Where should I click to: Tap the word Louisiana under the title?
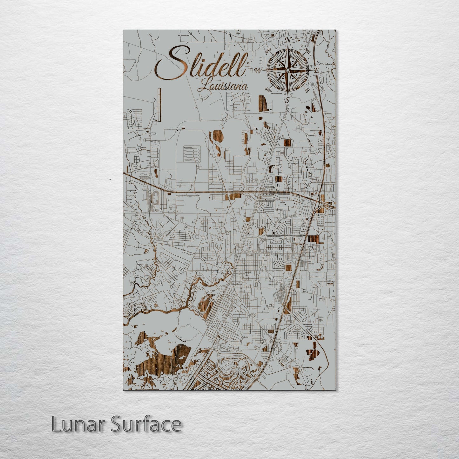click(x=222, y=86)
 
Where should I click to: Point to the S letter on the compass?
click(x=287, y=100)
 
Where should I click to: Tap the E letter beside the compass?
click(x=316, y=70)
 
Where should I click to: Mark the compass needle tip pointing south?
click(x=287, y=94)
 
